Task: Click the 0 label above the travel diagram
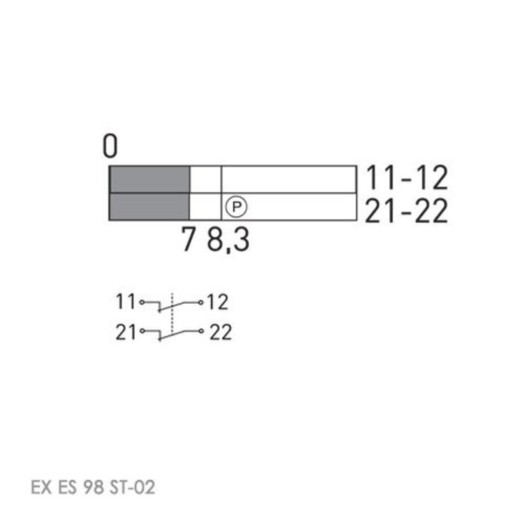point(111,146)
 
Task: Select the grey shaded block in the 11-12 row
point(149,180)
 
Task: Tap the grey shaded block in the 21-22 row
point(149,207)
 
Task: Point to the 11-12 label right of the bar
point(406,178)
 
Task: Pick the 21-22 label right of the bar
point(406,211)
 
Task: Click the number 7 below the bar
point(189,241)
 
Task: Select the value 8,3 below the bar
point(229,241)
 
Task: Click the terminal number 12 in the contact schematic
point(217,302)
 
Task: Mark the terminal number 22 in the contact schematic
point(220,332)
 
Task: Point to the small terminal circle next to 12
point(201,302)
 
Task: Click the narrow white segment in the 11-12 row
point(205,180)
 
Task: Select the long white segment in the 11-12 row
point(289,180)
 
